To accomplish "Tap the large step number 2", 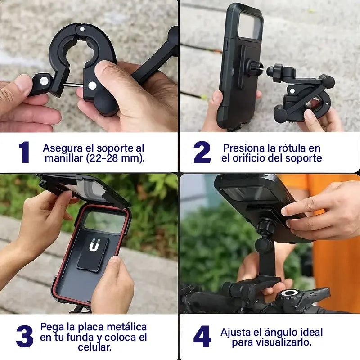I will (202, 153).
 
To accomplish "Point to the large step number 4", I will (202, 336).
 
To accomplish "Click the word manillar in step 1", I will (62, 158).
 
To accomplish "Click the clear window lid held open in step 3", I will (83, 187).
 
